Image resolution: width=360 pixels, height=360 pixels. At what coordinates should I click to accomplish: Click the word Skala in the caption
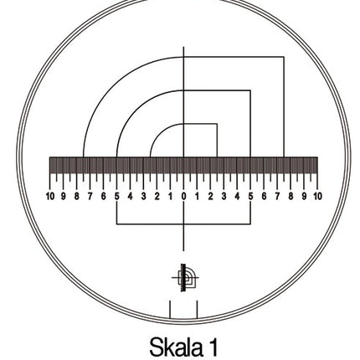coord(174,345)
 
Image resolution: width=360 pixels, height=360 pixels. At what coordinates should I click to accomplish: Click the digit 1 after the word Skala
coord(213,345)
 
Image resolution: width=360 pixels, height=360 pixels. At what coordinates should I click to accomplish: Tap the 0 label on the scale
coord(183,196)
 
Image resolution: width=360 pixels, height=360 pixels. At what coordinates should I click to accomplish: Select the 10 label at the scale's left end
coord(50,196)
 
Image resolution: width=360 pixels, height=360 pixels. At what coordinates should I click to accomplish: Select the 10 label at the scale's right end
coord(316,196)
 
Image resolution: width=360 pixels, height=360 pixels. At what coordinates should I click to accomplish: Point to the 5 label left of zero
coord(116,196)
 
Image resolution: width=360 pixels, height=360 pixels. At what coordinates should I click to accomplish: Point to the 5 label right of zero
coord(250,196)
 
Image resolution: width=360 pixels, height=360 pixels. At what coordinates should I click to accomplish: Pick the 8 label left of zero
coord(76,196)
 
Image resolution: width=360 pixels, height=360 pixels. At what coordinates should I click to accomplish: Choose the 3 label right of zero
coord(224,196)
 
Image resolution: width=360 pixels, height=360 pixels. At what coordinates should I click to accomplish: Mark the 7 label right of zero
coord(277,196)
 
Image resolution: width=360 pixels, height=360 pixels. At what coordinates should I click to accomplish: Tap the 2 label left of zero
coord(157,196)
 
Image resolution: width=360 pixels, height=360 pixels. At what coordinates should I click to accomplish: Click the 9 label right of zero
coord(303,196)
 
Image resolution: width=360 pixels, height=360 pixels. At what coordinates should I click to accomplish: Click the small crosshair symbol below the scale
coord(184,276)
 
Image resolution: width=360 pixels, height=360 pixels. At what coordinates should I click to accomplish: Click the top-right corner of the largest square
coord(284,57)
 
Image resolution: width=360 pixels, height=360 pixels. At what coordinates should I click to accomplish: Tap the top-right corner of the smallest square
coord(217,124)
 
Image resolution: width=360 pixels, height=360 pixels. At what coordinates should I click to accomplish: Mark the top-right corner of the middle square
coord(250,90)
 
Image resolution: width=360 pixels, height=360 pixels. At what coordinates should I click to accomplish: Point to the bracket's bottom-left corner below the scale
coord(116,224)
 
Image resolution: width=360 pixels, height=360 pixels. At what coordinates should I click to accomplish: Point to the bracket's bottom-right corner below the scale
coord(250,224)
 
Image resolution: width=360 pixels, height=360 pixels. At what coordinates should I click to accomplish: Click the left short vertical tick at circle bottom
coord(171,309)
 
